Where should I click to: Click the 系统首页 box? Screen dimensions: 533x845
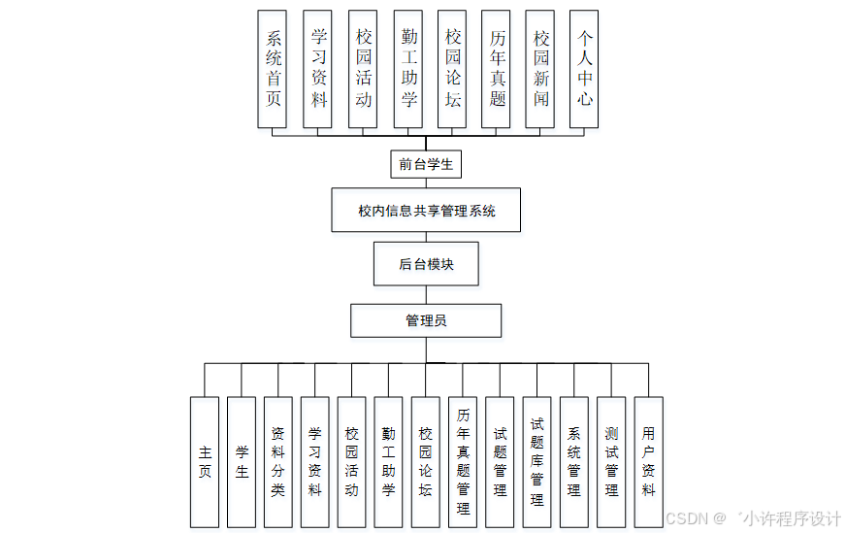273,69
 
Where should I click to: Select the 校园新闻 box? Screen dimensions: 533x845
540,69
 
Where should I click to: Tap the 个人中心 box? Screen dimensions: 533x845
584,69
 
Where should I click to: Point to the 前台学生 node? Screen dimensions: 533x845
426,164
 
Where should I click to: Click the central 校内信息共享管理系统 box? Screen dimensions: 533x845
426,210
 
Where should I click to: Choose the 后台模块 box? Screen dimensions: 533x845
426,263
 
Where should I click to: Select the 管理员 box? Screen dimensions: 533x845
426,319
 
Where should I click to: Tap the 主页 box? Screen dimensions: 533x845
205,461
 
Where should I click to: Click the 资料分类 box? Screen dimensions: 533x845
278,461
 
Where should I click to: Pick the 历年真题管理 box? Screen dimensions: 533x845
463,461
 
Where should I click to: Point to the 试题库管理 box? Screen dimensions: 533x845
536,461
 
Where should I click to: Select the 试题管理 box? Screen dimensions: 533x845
500,461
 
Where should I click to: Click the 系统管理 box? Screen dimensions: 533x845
573,461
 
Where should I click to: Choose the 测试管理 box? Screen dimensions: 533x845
611,461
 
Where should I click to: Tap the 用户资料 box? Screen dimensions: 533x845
648,461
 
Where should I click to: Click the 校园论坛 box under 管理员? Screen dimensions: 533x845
425,461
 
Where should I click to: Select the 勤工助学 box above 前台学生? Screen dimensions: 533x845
408,69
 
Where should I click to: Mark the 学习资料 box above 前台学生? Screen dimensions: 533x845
317,69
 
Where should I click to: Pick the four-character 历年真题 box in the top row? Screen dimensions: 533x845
497,69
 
